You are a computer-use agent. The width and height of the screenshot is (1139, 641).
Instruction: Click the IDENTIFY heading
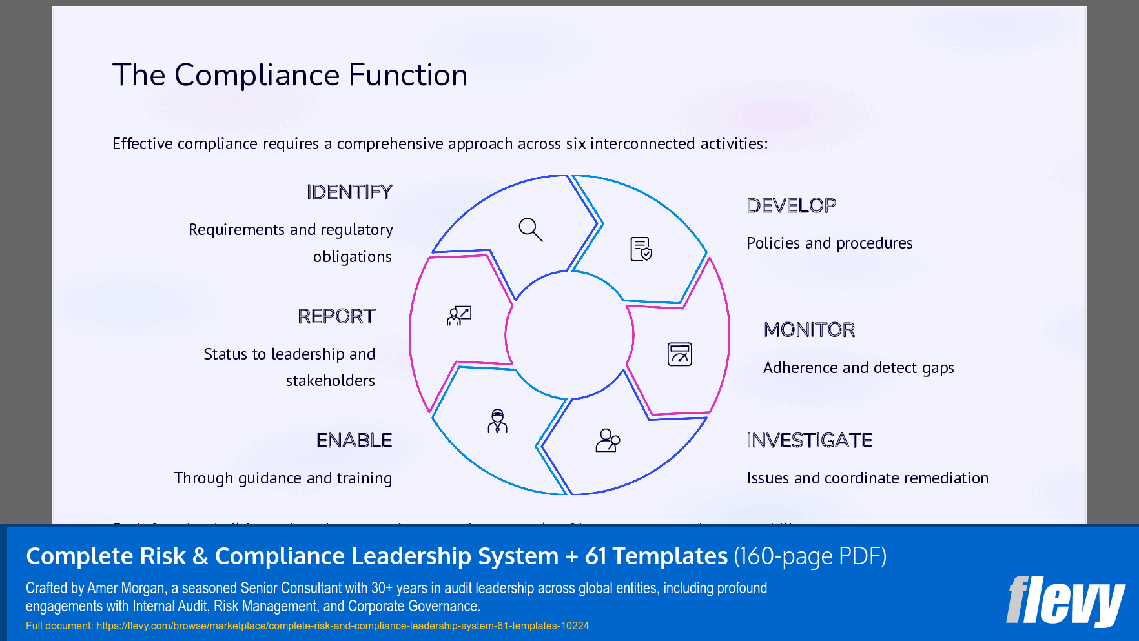349,192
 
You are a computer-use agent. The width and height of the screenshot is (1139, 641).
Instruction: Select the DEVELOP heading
791,206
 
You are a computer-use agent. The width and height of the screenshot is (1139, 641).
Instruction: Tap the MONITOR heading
809,330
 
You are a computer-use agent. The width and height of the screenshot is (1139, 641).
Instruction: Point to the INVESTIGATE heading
809,440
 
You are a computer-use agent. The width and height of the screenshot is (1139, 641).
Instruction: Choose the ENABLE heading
354,440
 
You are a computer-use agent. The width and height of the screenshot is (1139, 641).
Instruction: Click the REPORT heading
336,316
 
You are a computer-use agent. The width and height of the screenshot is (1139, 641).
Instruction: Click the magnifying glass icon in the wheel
531,229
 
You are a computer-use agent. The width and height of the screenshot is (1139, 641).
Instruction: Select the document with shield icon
641,249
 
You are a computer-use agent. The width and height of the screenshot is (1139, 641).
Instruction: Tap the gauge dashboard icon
679,354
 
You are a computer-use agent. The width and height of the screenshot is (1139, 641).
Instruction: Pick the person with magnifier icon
607,440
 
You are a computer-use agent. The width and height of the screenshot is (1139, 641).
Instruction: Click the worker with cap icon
497,421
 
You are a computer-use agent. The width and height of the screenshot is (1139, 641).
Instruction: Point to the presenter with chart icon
459,316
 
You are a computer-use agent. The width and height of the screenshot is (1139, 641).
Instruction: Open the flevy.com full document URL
342,626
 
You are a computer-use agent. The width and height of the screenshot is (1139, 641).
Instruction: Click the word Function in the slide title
407,75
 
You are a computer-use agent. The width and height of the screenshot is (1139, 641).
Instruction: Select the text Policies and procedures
829,243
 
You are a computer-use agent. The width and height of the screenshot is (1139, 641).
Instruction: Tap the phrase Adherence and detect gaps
858,368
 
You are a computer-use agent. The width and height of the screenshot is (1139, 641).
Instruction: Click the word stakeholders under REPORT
330,381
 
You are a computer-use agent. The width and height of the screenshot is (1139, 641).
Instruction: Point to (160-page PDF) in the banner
810,556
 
